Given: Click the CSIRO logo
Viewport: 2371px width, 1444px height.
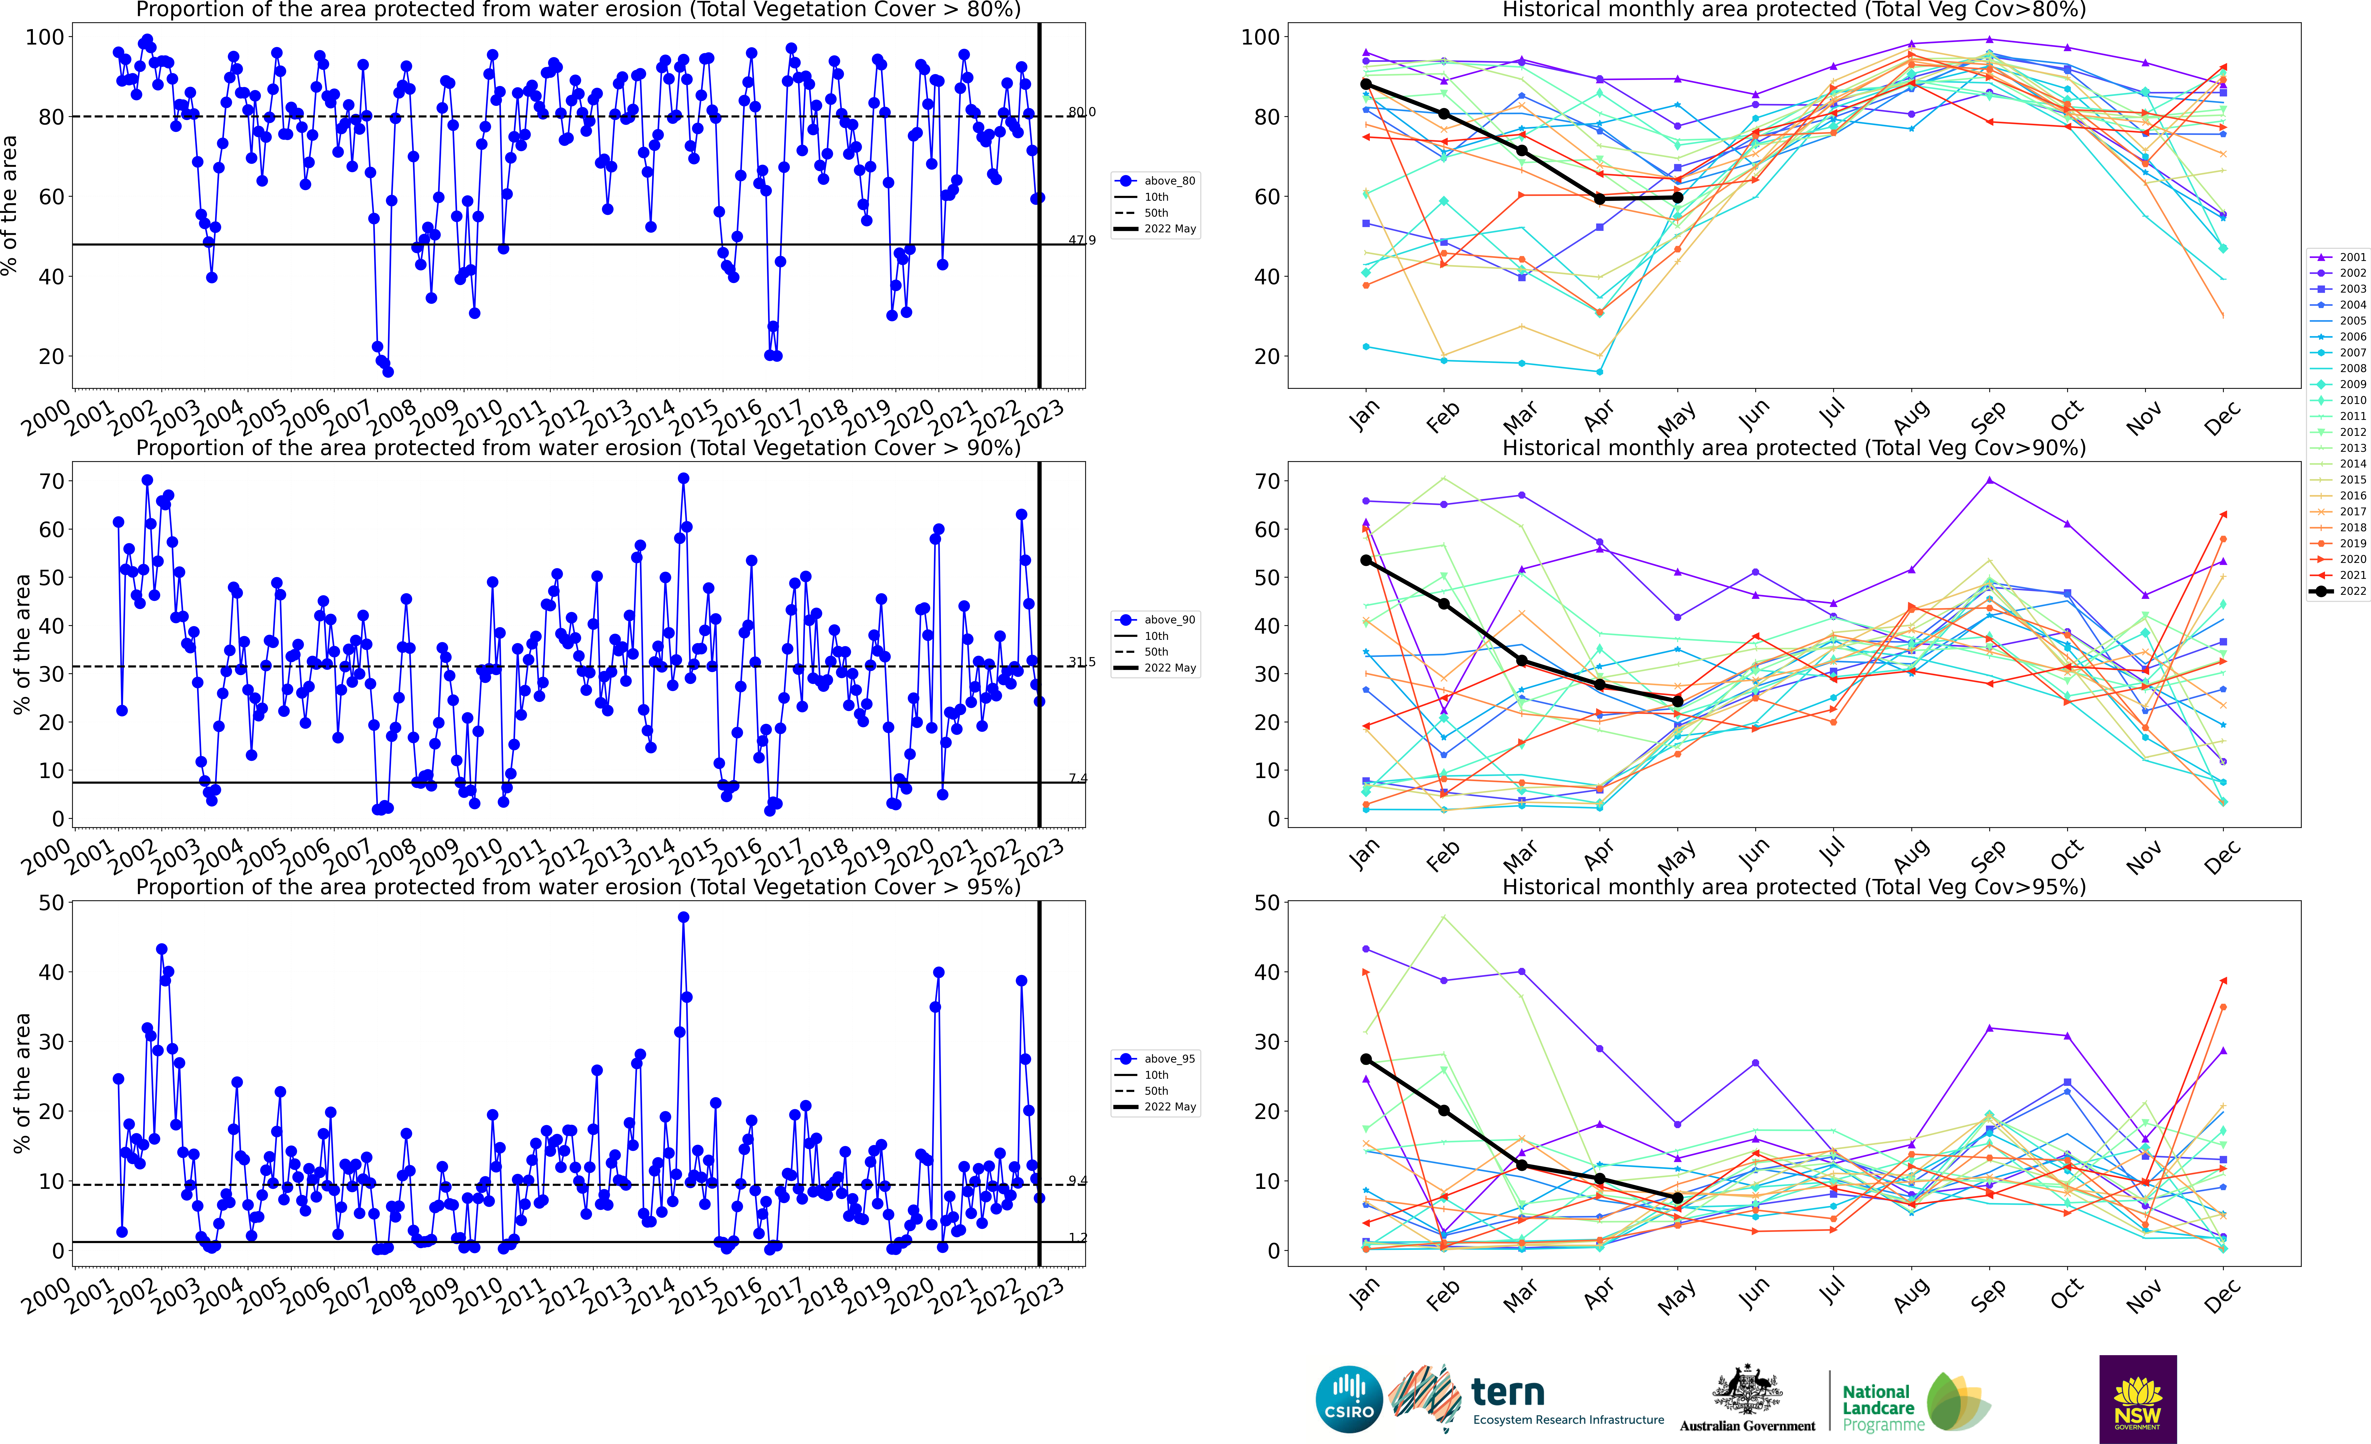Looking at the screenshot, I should pos(1349,1399).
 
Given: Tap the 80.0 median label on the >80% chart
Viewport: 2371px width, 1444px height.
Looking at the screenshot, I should pos(1082,113).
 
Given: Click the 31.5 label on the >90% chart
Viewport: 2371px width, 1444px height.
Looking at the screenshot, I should pos(1082,662).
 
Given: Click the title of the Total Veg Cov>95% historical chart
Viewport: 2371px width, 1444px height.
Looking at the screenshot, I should pos(1794,887).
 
